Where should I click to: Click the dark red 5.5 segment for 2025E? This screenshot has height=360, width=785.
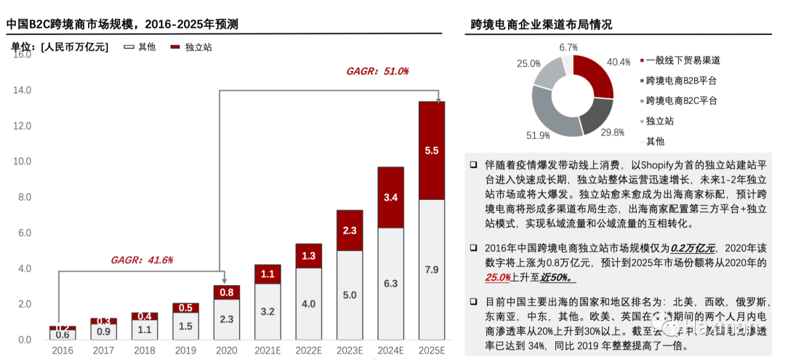432,151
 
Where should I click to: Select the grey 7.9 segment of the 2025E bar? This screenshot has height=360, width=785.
432,269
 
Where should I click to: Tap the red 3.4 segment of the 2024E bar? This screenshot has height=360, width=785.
390,197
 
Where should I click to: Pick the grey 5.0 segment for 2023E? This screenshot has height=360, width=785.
349,295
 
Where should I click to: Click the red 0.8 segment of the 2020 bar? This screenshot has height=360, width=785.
226,292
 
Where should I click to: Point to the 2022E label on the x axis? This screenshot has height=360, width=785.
308,351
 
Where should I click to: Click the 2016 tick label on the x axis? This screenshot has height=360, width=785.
63,351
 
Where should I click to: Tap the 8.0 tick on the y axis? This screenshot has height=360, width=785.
23,197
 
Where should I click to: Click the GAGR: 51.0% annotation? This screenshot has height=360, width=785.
377,71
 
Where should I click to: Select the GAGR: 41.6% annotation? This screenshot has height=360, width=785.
142,260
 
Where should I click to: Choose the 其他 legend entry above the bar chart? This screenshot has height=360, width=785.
140,47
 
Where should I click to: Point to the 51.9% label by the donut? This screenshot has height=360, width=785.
539,135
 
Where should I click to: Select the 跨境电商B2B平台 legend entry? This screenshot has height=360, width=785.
680,81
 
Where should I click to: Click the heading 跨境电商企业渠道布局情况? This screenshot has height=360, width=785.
542,25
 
